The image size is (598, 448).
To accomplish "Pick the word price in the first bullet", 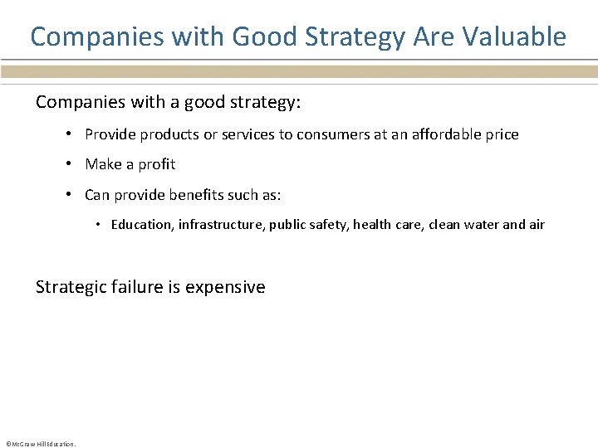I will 501,134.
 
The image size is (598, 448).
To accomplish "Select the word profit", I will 157,164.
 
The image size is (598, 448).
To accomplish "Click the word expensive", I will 225,288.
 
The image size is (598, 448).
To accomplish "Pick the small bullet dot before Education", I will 98,225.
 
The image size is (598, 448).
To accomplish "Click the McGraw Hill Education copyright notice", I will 40,444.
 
